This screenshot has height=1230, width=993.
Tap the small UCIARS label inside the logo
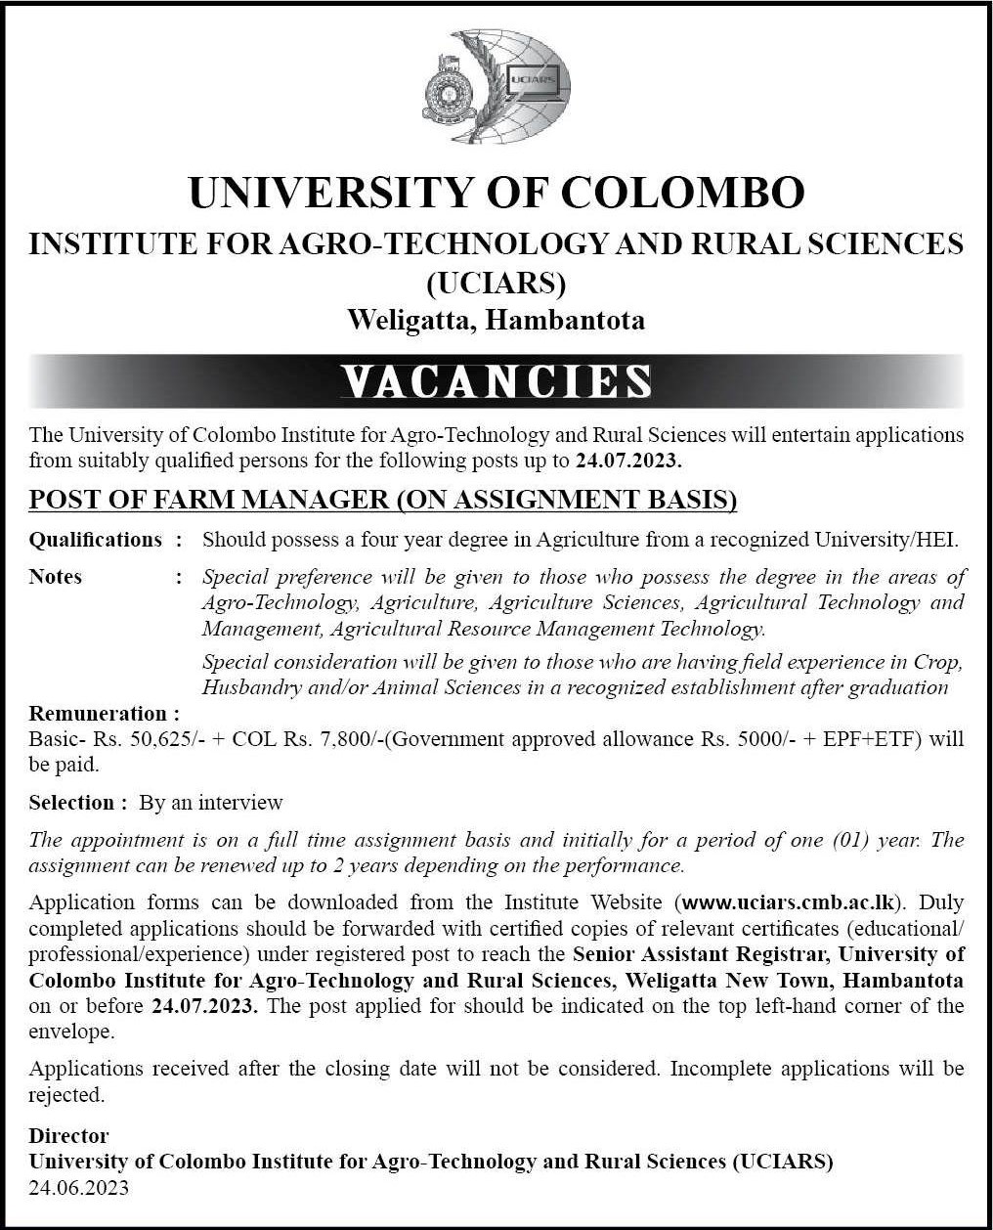click(530, 77)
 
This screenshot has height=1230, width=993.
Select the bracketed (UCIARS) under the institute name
click(496, 283)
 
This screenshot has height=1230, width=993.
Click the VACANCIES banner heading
click(496, 381)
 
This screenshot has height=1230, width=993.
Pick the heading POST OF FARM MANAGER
click(208, 500)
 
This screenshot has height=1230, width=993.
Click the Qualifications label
click(96, 539)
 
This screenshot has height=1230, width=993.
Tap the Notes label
click(56, 577)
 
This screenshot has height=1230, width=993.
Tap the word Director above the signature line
click(68, 1136)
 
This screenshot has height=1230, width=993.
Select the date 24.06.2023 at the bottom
click(78, 1188)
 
